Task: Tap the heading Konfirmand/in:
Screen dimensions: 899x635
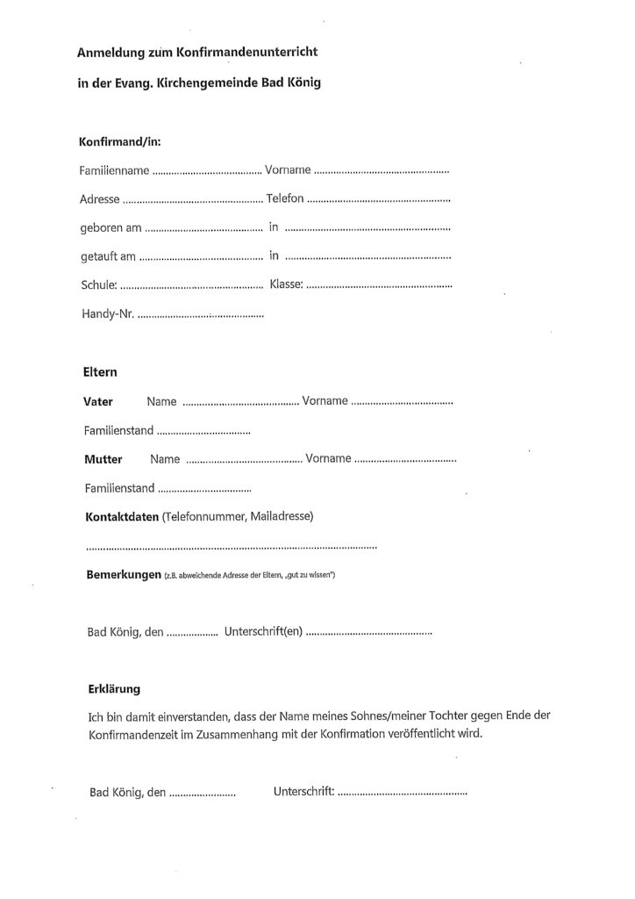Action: tap(119, 140)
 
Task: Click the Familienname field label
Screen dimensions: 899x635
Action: tap(115, 170)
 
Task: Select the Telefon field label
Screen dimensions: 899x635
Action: tap(284, 198)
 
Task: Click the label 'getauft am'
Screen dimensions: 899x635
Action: tap(109, 256)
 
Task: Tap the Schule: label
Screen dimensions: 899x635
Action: tap(98, 285)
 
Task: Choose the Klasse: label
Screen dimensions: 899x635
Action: tap(287, 285)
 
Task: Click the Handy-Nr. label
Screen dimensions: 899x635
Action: tap(108, 313)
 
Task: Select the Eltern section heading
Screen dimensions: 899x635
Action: tap(100, 372)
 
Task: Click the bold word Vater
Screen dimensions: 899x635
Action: tap(97, 402)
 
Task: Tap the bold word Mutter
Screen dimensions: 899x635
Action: tap(103, 459)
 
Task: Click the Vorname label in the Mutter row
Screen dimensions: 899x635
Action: tap(328, 459)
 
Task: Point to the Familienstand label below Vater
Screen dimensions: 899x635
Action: tap(119, 431)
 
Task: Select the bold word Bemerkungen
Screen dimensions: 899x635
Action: tap(122, 575)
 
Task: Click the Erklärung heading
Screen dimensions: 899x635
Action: tap(114, 689)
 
